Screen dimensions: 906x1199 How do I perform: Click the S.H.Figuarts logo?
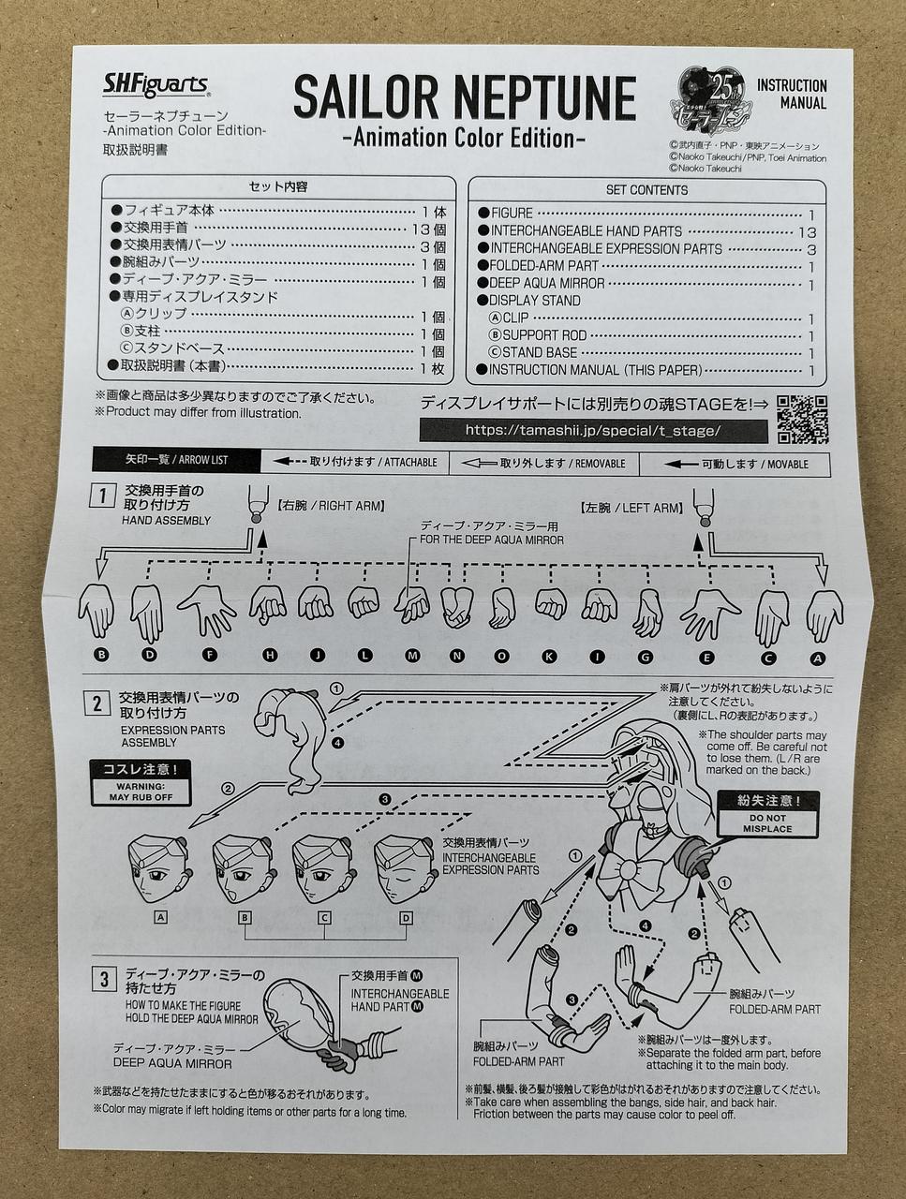156,86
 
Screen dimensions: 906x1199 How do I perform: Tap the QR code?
802,420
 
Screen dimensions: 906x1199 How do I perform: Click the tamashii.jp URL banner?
594,431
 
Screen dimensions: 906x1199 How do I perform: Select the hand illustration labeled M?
411,605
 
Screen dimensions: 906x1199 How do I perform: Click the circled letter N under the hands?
456,657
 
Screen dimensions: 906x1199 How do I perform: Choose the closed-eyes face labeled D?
404,868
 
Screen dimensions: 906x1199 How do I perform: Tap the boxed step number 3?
104,980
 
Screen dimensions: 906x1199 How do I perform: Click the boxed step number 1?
102,496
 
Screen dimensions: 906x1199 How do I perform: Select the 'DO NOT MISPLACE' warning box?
766,814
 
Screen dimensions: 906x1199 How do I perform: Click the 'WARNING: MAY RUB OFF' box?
141,783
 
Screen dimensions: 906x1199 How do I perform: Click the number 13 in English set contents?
807,232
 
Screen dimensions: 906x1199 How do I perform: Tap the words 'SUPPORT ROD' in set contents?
544,335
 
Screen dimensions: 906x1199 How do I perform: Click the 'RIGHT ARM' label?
331,506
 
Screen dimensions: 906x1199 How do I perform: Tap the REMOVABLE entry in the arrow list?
543,464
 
